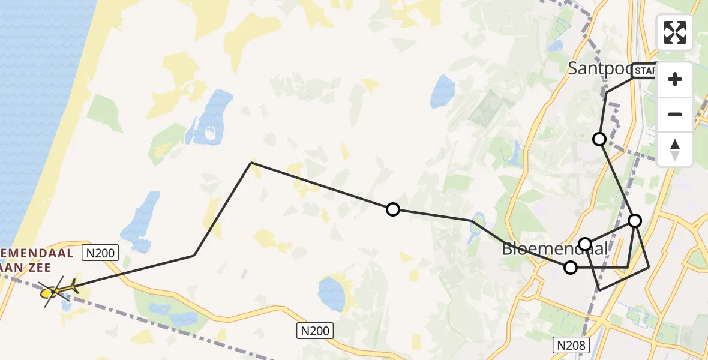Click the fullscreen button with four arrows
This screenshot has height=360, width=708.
[675, 32]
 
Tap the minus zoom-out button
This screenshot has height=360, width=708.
[675, 115]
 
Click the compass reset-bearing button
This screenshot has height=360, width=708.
[675, 149]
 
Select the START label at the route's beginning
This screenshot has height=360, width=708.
[646, 71]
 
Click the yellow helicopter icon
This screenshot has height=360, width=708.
[57, 292]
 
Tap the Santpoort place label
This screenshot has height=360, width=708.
[598, 68]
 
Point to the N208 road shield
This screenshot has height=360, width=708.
[570, 345]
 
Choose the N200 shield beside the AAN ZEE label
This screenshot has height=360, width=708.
[100, 253]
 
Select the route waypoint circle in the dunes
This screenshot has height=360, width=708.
[392, 209]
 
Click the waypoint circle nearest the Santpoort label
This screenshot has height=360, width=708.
[599, 139]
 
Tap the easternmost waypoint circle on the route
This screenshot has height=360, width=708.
[635, 220]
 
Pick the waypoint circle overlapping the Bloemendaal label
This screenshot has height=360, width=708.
[585, 244]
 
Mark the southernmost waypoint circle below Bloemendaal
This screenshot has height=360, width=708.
[571, 268]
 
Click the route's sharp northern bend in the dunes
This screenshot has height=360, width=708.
[251, 163]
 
